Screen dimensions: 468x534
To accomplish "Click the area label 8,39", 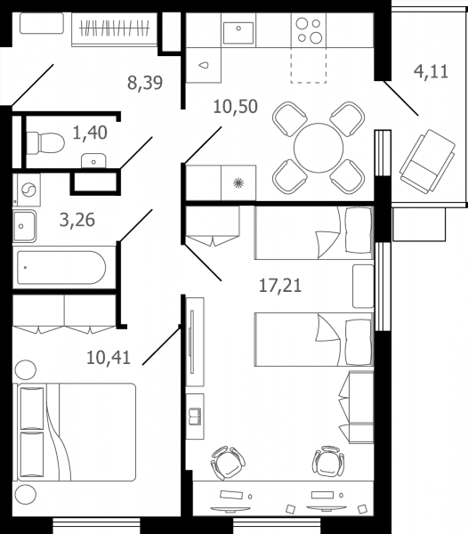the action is (145, 83).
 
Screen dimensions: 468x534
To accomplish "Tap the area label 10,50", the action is (235, 107).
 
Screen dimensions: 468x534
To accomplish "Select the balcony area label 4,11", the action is (431, 71).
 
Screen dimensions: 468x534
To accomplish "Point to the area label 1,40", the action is (90, 133).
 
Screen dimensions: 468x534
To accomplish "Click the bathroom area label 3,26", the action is (77, 220).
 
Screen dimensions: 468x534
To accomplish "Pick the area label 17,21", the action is (280, 286).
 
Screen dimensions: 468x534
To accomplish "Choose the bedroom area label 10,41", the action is (109, 358).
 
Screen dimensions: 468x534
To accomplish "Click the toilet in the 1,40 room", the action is (45, 143).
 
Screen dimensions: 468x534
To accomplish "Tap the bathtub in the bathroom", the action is (61, 268).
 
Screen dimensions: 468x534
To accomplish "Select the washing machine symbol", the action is (28, 190).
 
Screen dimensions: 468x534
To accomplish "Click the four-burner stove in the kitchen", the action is (309, 30).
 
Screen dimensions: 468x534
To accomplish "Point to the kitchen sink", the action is (238, 33).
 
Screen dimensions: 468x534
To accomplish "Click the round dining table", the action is (319, 148).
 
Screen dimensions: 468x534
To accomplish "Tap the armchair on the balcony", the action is (427, 161).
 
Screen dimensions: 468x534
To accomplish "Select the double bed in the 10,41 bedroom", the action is (75, 433).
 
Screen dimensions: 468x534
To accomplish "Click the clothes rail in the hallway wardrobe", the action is (115, 28).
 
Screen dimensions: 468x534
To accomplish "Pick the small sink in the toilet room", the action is (93, 161).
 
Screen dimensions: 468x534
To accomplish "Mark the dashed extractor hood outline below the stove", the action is (309, 65).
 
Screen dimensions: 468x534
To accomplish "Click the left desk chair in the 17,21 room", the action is (228, 463).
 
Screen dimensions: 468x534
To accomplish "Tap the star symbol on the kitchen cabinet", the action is (238, 182).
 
